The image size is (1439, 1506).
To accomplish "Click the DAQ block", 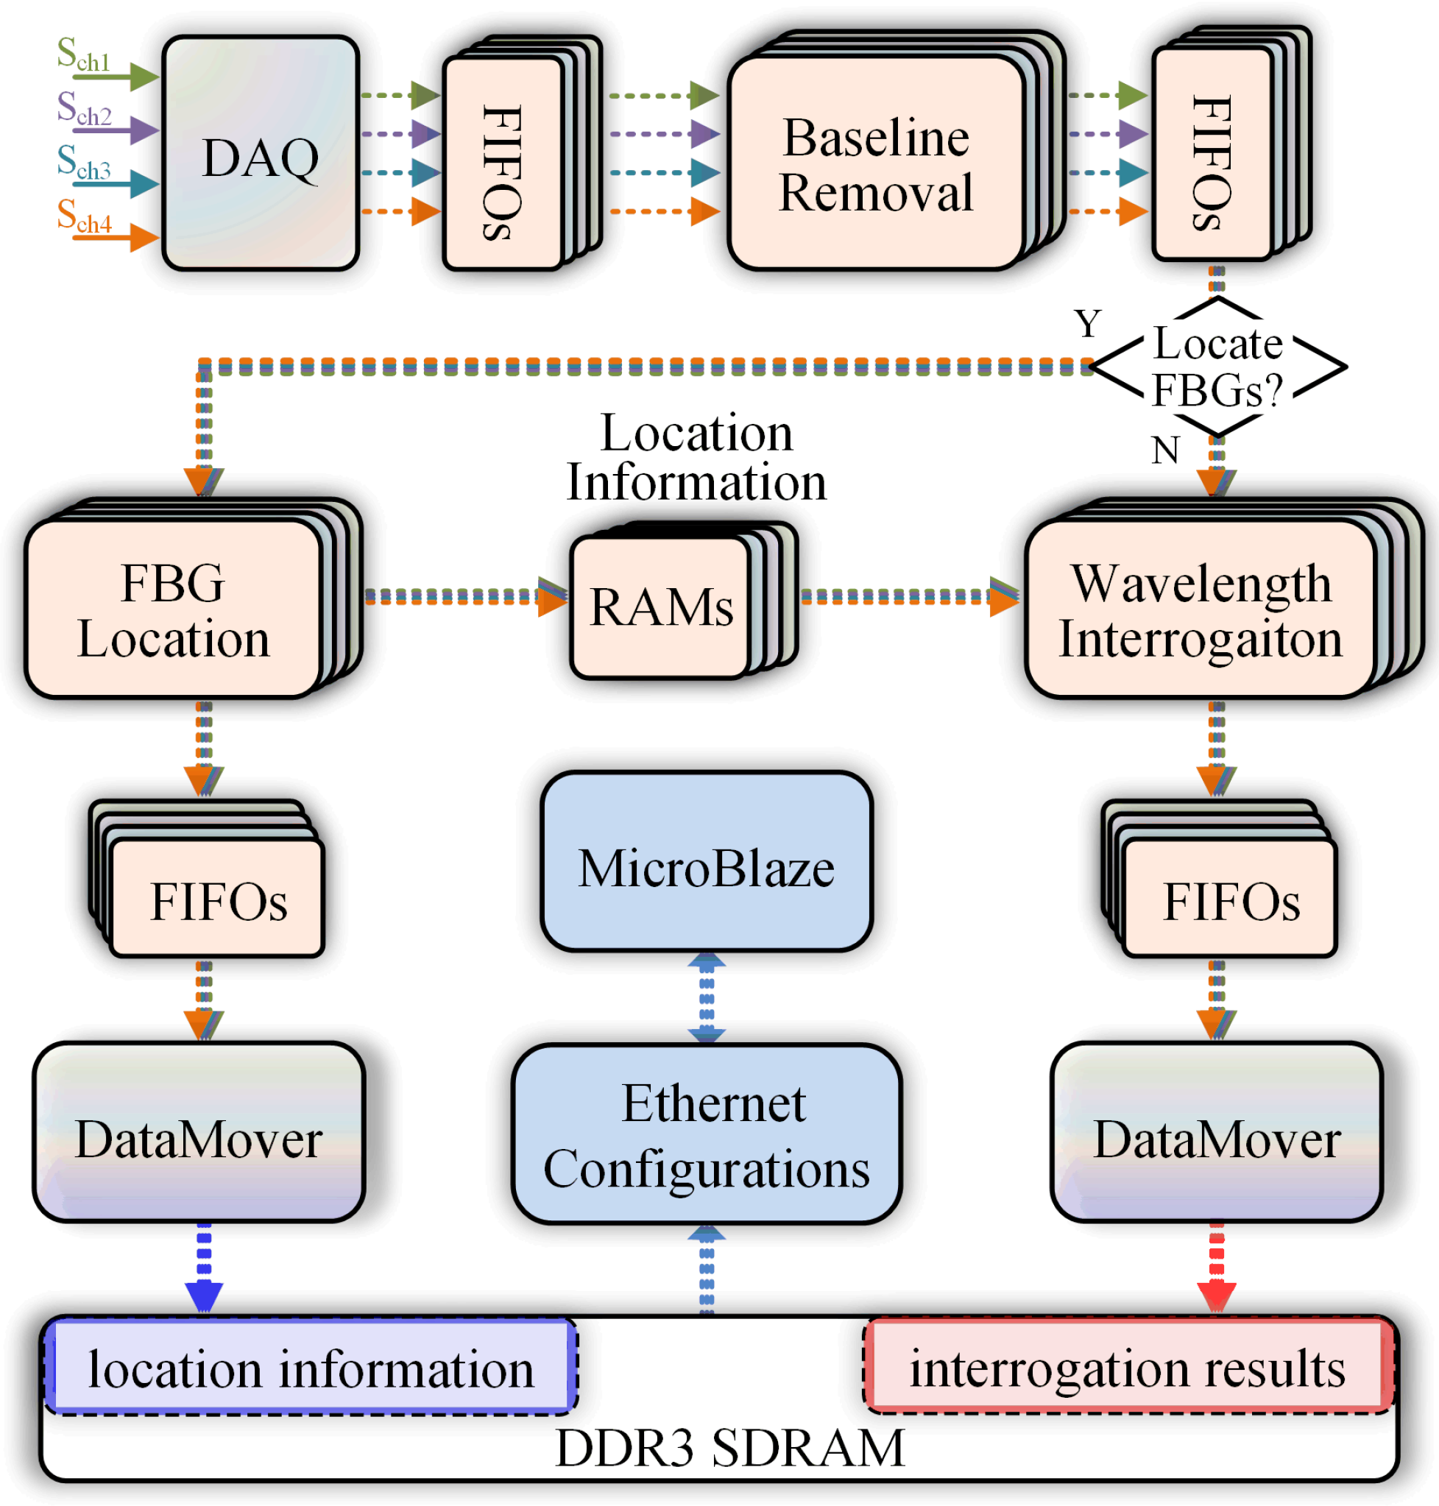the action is pos(261,153).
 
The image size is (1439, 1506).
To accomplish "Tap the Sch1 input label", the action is pos(84,55).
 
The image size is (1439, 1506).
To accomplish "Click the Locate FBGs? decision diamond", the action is pos(1218,367).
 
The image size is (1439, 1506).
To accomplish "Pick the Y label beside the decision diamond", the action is pos(1088,324).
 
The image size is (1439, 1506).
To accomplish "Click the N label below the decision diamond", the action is pos(1165,450).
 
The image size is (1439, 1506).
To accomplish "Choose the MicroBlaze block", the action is pos(707,860).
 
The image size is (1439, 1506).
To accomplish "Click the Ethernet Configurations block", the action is pos(707,1134).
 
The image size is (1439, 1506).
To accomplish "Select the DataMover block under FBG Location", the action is pos(199,1131).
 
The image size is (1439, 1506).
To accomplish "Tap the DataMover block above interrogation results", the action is pos(1217,1131).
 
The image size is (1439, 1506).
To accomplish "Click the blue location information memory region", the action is pos(311,1367).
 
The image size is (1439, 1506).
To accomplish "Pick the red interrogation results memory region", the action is pos(1128,1365).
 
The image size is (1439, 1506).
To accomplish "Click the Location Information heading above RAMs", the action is pos(696,457).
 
